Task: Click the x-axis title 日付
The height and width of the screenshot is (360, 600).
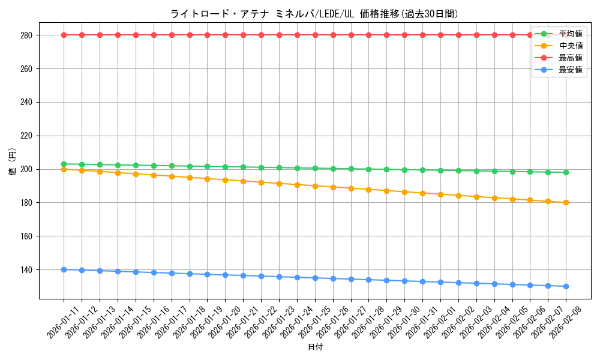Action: click(x=315, y=347)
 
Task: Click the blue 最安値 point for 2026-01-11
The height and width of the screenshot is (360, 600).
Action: click(x=64, y=269)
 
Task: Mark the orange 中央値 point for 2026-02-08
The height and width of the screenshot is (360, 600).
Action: click(x=566, y=202)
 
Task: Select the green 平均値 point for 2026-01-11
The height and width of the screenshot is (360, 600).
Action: click(x=64, y=164)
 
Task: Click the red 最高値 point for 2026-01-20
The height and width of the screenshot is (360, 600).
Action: click(x=225, y=35)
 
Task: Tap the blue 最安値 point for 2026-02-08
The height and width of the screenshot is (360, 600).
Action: click(x=566, y=286)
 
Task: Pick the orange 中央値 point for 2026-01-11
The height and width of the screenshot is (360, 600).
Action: click(x=64, y=169)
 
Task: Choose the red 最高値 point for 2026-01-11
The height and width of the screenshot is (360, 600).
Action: click(x=64, y=35)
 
